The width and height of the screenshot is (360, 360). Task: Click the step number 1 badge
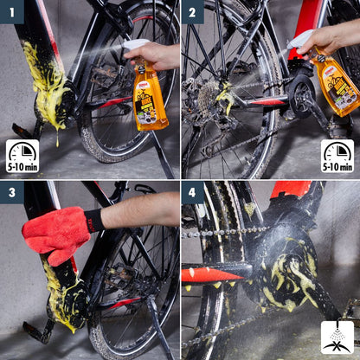click(x=11, y=11)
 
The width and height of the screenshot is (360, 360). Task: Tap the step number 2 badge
click(x=193, y=11)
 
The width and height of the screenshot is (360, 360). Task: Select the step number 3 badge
click(x=11, y=192)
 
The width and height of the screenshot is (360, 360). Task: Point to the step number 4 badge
click(x=193, y=192)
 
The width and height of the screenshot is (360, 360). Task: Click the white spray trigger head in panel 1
click(x=137, y=46)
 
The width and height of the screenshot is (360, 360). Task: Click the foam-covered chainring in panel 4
click(x=290, y=268)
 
